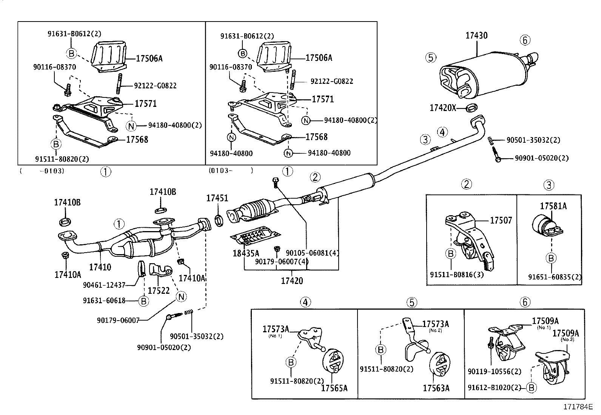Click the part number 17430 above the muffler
click(x=476, y=35)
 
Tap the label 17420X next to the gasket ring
click(x=443, y=108)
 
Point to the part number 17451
click(x=217, y=198)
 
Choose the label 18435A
click(x=246, y=253)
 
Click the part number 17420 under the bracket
click(x=292, y=281)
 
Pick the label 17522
click(x=159, y=291)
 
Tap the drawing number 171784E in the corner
click(x=578, y=407)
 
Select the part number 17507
click(x=501, y=220)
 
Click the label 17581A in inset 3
click(x=553, y=206)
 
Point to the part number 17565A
click(x=334, y=388)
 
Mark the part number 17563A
click(x=436, y=388)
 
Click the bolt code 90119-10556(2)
click(x=494, y=372)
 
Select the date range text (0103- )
click(x=230, y=171)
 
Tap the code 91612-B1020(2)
click(x=494, y=387)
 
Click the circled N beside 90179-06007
click(x=181, y=297)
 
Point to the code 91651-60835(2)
click(x=555, y=278)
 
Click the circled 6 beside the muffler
click(x=525, y=40)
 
